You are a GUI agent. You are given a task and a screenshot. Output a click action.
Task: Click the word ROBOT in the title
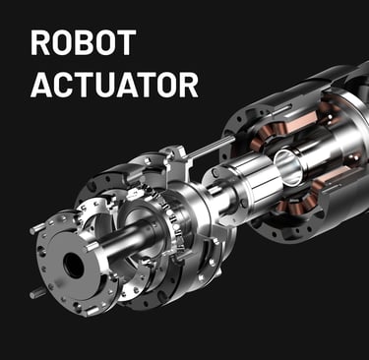coord(84,42)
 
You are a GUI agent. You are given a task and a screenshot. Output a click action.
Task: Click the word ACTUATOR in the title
coord(114,85)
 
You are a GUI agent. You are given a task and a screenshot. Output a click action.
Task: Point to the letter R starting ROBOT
coord(40,42)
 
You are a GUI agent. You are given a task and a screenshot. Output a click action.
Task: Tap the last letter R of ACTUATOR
coord(188,85)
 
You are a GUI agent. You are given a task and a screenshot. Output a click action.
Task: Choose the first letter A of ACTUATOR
coord(42,85)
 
